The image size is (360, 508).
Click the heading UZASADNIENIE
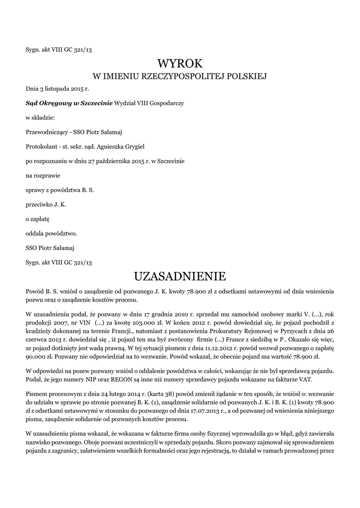tap(180, 276)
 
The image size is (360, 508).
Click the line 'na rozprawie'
tap(41, 175)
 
